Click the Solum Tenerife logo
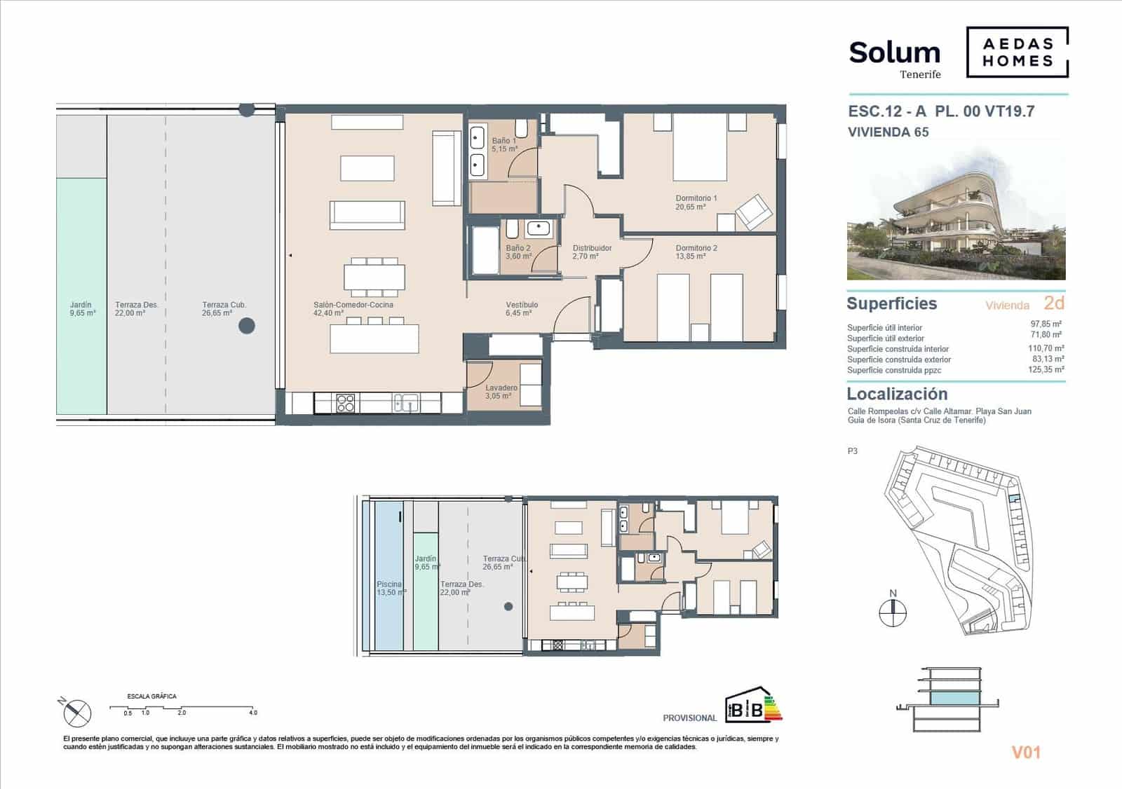894,58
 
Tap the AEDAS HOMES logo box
1017,52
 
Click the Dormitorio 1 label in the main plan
696,203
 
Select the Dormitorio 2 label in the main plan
696,252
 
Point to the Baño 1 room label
504,145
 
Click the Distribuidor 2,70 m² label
591,252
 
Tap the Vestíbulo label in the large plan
522,309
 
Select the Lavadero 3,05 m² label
501,392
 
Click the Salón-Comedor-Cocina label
353,309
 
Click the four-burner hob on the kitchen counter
346,403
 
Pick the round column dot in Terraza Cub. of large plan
246,326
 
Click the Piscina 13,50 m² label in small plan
391,589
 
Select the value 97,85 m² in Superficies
1046,324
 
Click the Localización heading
897,394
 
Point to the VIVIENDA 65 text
888,132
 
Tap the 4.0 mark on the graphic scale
252,713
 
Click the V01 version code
1025,753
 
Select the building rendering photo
956,214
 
